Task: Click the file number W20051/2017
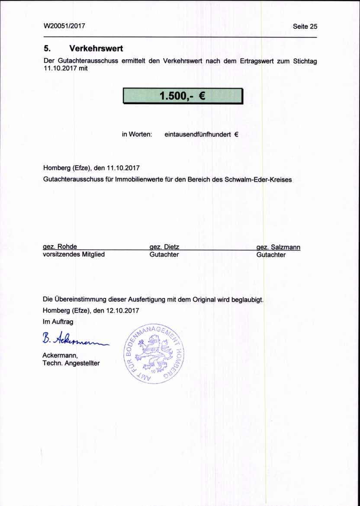pos(64,26)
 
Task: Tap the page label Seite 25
pos(305,26)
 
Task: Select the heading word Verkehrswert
pos(96,48)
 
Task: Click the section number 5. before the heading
pos(47,48)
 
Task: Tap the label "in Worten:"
pos(137,135)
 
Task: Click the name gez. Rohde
pos(60,247)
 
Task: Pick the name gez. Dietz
pos(164,247)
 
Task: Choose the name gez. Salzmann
pos(278,247)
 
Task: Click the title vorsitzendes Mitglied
pos(74,255)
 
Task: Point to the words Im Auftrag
pos(58,322)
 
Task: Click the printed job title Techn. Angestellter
pos(71,363)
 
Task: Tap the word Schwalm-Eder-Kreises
pos(258,179)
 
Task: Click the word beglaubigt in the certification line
pos(247,299)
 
